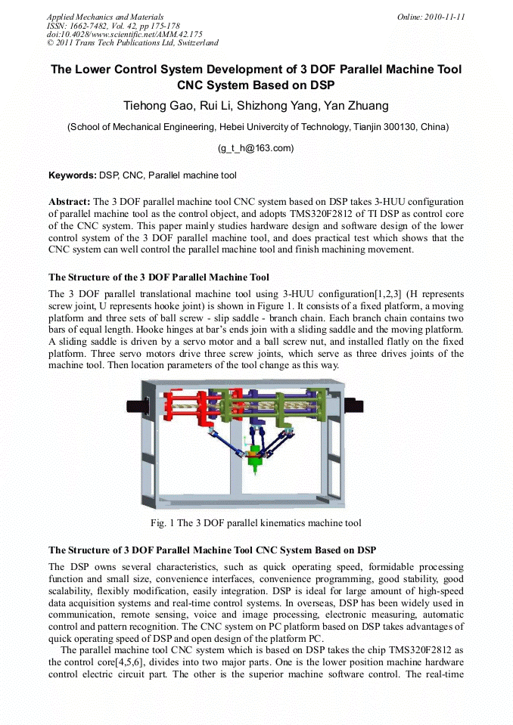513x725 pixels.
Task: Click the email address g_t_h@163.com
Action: pyautogui.click(x=256, y=148)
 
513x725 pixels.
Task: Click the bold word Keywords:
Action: pyautogui.click(x=73, y=175)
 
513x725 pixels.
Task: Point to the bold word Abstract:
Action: pyautogui.click(x=69, y=203)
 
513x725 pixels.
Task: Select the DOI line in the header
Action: pyautogui.click(x=124, y=34)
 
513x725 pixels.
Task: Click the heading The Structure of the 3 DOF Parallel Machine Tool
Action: pyautogui.click(x=158, y=277)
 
